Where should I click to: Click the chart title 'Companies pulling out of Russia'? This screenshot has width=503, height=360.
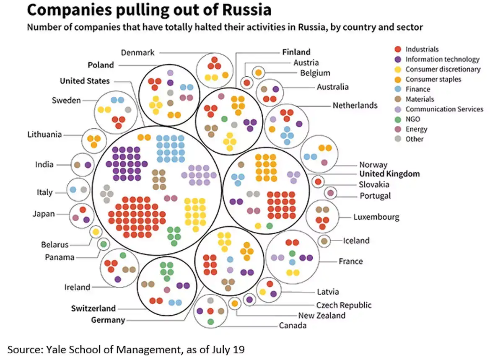point(149,10)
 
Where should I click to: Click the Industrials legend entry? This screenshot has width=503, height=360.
point(422,49)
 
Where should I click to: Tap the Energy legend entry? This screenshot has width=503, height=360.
point(416,129)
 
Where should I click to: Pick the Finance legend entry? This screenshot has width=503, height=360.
point(417,89)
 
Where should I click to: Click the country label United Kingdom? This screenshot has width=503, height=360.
point(389,174)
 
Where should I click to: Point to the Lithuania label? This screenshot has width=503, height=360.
point(44,135)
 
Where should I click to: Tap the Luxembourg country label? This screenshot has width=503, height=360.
point(376,217)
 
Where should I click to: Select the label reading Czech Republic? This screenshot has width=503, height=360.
point(344,305)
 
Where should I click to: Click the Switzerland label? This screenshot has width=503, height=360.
point(93,308)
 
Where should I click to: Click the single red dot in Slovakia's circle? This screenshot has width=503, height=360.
point(318,182)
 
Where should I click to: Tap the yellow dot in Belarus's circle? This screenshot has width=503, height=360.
point(96,231)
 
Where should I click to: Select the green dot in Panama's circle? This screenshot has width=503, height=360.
point(103,244)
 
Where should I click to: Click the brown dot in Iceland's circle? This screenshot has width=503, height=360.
point(324,241)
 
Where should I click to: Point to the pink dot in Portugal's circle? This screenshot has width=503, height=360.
point(330,193)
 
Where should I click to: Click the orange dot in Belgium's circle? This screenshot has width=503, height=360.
point(258,73)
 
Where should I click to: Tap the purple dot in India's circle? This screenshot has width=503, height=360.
point(88,165)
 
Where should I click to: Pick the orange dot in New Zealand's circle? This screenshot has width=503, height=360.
point(235,303)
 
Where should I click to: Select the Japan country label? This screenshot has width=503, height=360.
point(44,214)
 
